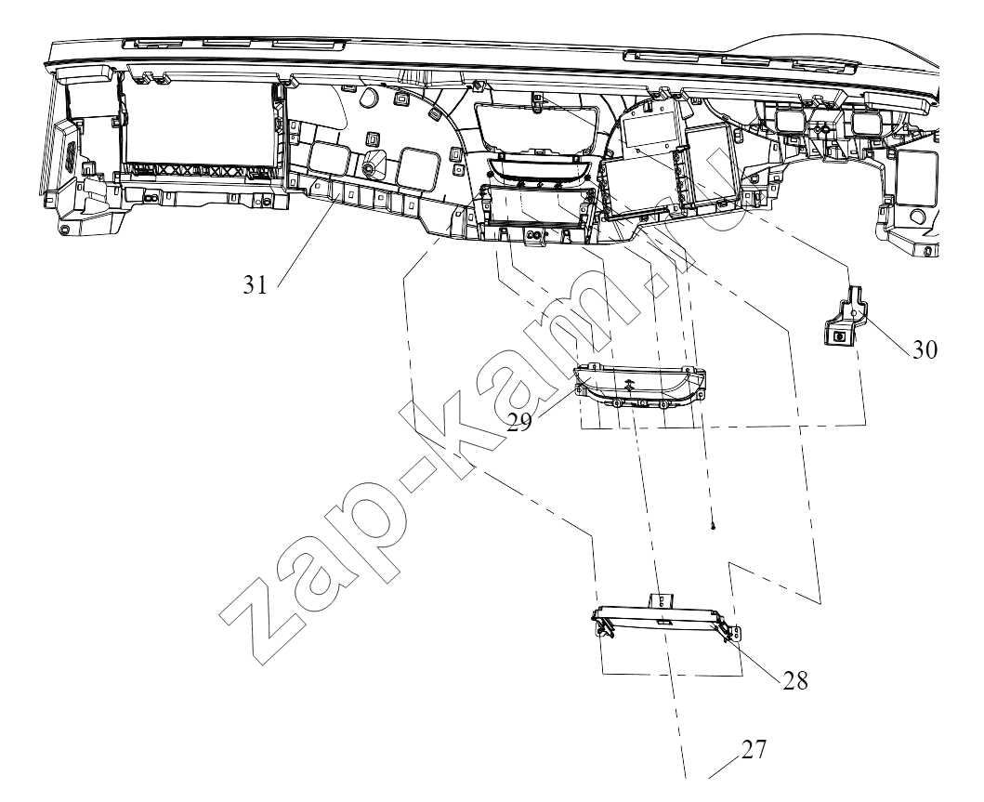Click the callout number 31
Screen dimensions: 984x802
click(x=256, y=285)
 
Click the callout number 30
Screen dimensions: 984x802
click(x=925, y=349)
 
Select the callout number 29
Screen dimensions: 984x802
click(x=519, y=422)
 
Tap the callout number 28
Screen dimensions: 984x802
click(x=795, y=680)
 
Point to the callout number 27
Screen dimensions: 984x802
click(x=754, y=749)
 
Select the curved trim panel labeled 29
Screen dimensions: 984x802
click(x=640, y=387)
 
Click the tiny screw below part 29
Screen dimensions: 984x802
click(x=714, y=527)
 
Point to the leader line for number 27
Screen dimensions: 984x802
click(x=725, y=769)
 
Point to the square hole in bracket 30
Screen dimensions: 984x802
click(x=838, y=337)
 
